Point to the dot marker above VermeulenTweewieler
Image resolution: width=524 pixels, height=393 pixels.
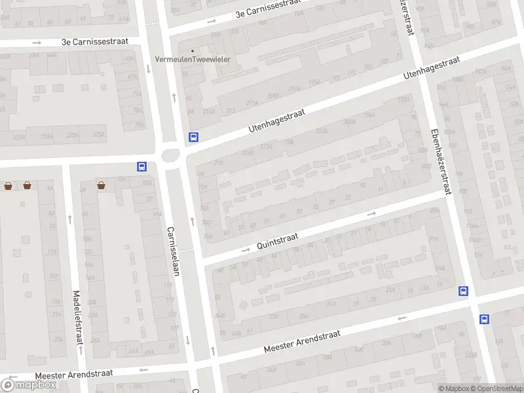pos(192,50)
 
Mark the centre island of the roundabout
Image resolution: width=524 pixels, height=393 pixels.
pos(171,156)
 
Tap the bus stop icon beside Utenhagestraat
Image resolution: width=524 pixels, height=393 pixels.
pos(193,138)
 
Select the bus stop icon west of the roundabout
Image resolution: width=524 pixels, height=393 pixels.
pos(141,166)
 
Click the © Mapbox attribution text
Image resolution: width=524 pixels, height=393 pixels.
pos(453,389)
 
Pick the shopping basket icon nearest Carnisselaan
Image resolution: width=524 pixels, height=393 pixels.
pos(102,185)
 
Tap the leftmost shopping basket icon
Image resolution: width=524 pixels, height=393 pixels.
pos(8,185)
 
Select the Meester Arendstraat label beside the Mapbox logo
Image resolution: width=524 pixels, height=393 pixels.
pos(74,374)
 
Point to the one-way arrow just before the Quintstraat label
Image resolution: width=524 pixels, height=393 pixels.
pos(246,250)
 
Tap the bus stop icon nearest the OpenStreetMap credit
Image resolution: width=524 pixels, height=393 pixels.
pos(484,319)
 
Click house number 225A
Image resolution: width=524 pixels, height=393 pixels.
pos(98,135)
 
